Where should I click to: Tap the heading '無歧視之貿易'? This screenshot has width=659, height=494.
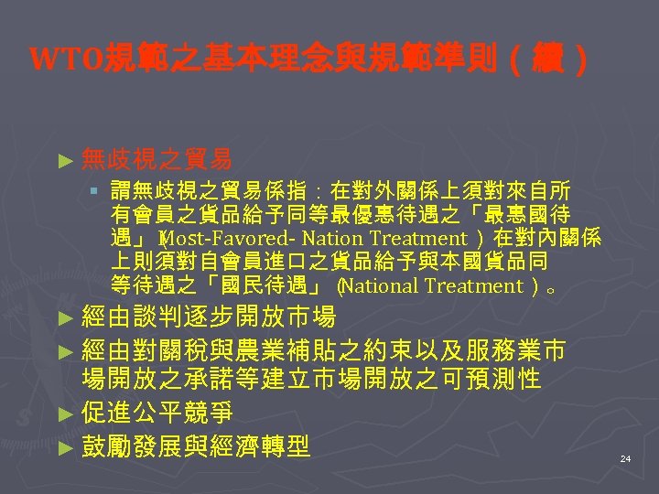156,160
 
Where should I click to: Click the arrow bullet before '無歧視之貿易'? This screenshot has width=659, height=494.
64,161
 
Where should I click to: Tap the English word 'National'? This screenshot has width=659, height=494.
384,286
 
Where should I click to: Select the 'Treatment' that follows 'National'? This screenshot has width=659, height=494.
479,286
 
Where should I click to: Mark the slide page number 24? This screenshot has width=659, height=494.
625,457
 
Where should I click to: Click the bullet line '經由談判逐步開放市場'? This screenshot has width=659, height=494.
209,318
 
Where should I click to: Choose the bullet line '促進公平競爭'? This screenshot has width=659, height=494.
157,413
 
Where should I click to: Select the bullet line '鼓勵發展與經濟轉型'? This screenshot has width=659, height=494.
196,446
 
